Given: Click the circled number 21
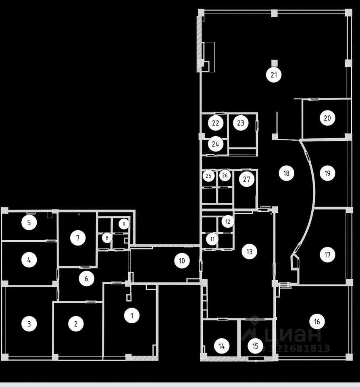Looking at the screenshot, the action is pos(274,75).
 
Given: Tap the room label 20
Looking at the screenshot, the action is pos(327,118).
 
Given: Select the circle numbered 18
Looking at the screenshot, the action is pos(286,173).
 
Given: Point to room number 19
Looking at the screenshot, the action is pos(327,173).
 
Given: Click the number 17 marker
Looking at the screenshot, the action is pos(327,254).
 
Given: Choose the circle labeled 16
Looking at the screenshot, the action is pos(317,321).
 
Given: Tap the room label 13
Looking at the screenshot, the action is pos(249,252).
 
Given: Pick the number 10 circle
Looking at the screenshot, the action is pos(182,261).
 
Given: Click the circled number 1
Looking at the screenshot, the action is pos(131,315).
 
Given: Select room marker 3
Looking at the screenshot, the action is pos(29,323).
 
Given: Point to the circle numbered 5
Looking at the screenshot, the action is pos(29,222).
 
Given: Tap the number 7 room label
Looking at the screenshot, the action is pos(78,238).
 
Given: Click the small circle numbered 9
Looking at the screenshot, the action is pos(124,223).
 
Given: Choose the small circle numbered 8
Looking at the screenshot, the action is pos(107,238).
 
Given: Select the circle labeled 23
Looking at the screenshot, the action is pos(241,123).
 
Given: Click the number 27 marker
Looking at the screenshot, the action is pos(246,179).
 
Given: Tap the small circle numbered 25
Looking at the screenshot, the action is pos(208,176).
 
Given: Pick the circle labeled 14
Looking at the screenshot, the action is pos(221,345).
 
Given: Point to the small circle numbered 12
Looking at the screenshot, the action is pos(228,221).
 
